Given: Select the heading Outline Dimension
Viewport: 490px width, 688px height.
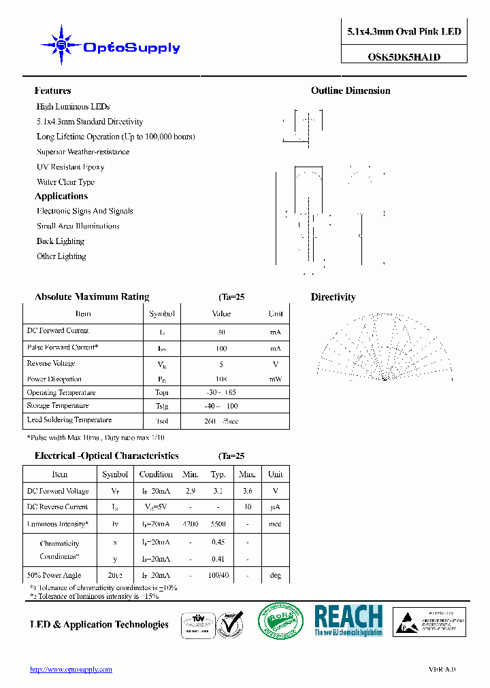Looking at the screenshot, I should click(x=350, y=90).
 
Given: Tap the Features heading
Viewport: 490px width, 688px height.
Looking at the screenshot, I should click(x=52, y=90).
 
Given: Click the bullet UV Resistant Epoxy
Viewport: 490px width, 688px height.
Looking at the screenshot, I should click(x=70, y=167).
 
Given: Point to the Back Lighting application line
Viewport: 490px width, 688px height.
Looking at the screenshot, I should click(x=61, y=241).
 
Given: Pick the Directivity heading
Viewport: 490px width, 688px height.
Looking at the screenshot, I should click(x=333, y=297).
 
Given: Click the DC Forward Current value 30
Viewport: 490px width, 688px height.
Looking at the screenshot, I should click(x=221, y=332).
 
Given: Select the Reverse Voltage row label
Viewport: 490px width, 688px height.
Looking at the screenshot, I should click(x=50, y=364).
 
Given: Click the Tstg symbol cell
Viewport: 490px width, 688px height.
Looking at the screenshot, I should click(x=162, y=406).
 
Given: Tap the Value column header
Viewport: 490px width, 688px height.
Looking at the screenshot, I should click(x=221, y=314).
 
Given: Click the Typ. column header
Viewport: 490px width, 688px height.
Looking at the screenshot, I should click(x=218, y=475).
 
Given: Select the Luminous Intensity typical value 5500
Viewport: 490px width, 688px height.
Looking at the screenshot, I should click(x=218, y=524).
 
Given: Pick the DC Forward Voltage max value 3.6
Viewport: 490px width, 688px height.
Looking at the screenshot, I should click(x=247, y=491).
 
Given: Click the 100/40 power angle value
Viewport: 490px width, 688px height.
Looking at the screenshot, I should click(x=218, y=575).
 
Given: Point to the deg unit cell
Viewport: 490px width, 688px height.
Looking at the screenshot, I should click(x=275, y=575).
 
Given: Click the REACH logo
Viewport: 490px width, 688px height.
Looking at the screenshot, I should click(x=348, y=620).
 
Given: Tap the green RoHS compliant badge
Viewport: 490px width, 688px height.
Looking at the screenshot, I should click(x=280, y=620).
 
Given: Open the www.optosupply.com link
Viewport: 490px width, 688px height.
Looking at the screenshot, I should click(x=71, y=670).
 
